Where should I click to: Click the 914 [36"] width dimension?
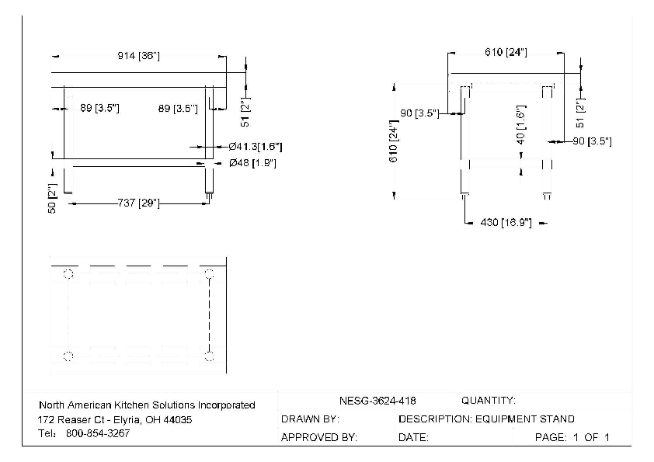click(138, 56)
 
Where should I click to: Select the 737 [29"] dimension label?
click(138, 203)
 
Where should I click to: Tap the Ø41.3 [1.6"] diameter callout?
click(256, 146)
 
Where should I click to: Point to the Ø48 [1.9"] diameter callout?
click(252, 163)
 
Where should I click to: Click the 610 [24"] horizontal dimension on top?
click(506, 52)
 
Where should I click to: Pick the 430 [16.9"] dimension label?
click(506, 223)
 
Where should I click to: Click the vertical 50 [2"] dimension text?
click(53, 198)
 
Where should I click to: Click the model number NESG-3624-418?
click(377, 401)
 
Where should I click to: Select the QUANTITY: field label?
click(488, 401)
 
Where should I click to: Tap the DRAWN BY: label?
click(310, 419)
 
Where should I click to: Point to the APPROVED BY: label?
click(318, 438)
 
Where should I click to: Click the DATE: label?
click(413, 438)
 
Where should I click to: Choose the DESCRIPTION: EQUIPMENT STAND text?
click(486, 419)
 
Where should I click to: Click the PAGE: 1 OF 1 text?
click(572, 438)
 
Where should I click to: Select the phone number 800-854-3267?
click(98, 433)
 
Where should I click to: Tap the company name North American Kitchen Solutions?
click(147, 405)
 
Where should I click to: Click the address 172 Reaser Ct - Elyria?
click(116, 419)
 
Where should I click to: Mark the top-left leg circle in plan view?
click(68, 274)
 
